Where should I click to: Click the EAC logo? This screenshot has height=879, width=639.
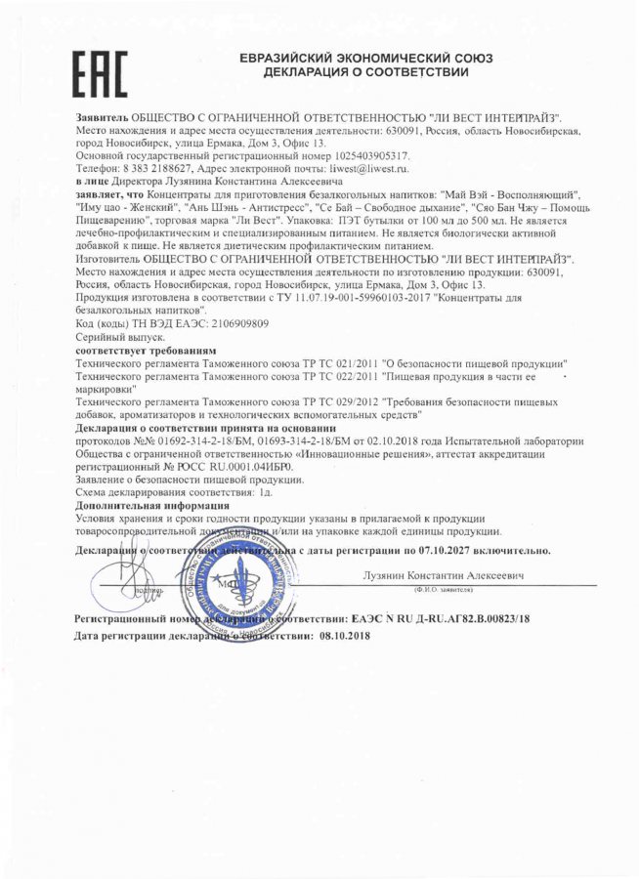tap(102, 70)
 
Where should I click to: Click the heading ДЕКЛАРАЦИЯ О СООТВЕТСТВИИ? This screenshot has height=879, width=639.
tap(366, 72)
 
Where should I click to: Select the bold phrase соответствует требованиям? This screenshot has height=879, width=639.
tap(146, 349)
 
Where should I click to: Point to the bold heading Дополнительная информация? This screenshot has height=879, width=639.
tap(151, 506)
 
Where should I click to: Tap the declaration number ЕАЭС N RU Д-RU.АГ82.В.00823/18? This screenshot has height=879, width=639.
tap(445, 619)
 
